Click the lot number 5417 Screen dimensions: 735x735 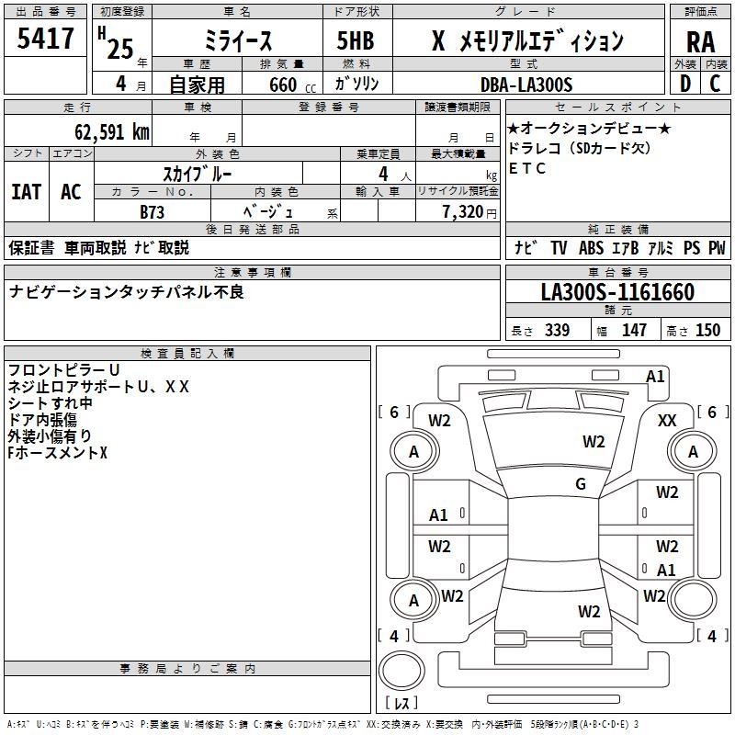[45, 40]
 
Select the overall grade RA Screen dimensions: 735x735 [700, 41]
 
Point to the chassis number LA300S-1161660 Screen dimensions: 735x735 [617, 293]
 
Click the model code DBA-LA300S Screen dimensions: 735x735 [526, 85]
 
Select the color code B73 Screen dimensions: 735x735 [153, 212]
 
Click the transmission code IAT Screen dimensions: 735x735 [26, 192]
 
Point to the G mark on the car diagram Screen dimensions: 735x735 [581, 484]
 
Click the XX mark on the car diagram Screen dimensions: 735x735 [668, 420]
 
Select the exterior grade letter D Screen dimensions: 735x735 [684, 84]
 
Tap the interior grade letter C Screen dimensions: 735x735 [716, 84]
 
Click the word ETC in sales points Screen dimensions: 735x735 [527, 168]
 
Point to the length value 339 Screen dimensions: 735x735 [557, 331]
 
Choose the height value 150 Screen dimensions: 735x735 [707, 331]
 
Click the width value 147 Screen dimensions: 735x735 [634, 331]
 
